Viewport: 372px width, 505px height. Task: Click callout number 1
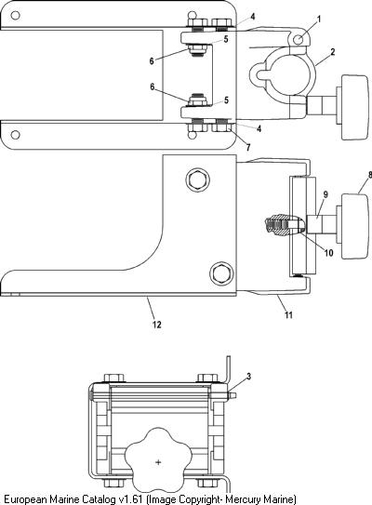click(319, 20)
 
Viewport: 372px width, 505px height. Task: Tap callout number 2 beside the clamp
click(332, 51)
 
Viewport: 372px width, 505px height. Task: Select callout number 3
click(248, 376)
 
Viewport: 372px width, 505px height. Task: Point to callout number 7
click(248, 148)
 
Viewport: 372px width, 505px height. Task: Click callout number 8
click(370, 175)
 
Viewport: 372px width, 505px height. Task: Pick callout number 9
click(325, 194)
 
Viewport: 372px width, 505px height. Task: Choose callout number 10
click(328, 253)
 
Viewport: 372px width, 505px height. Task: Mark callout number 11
click(288, 314)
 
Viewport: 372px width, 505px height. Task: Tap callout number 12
click(157, 325)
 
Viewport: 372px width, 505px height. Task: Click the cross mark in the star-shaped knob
click(158, 462)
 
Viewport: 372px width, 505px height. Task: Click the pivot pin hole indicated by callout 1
click(299, 40)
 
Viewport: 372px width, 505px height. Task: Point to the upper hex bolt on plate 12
click(197, 179)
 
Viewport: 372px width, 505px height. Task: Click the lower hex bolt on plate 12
click(221, 273)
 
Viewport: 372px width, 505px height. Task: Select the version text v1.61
click(130, 499)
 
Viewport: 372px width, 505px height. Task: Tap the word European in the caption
click(25, 499)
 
